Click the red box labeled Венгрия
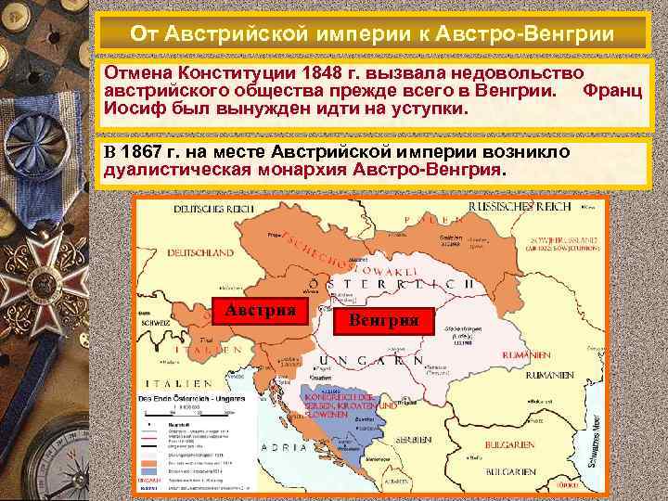point(382,320)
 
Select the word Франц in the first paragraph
point(611,92)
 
